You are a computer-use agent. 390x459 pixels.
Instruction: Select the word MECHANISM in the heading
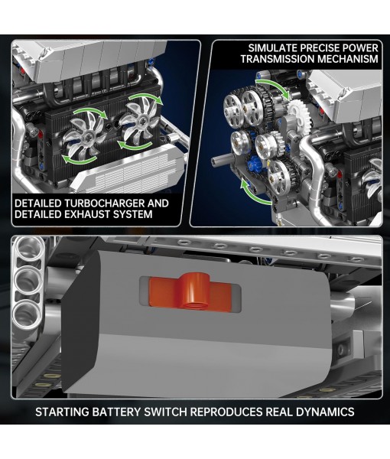click(350, 59)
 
